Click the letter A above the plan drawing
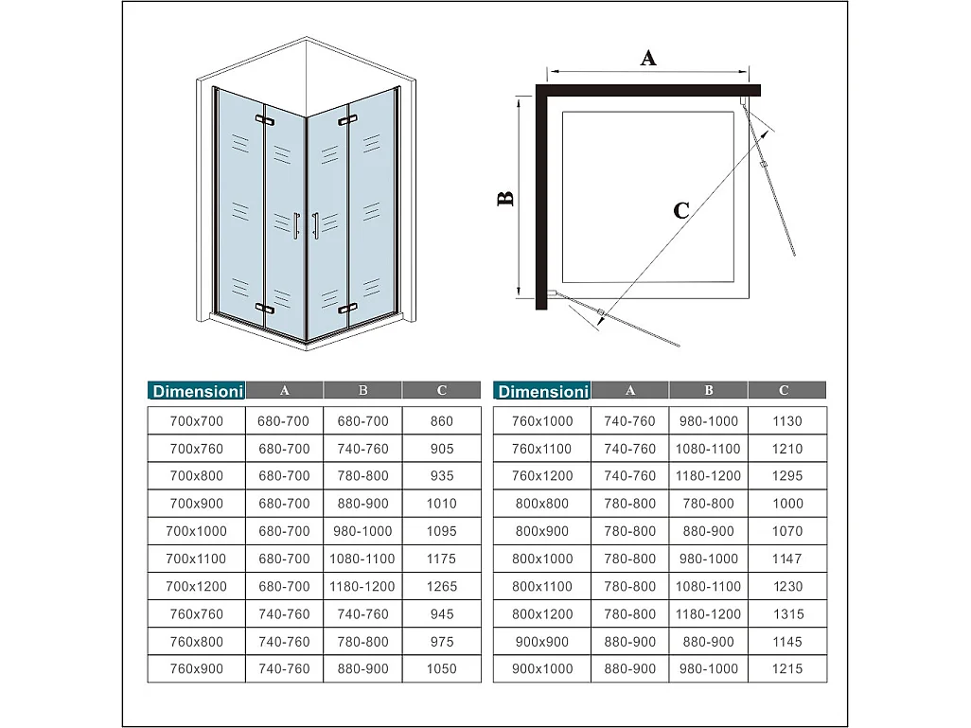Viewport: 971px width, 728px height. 648,58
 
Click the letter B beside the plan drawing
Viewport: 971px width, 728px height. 506,199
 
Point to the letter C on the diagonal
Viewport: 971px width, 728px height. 681,210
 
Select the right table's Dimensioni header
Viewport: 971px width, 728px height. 542,390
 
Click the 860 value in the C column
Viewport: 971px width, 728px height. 441,421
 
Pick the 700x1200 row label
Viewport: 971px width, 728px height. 197,586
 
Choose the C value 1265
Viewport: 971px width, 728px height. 441,586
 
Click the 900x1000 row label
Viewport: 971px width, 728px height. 542,668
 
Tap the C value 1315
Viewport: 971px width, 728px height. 786,613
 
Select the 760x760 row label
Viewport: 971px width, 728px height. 197,613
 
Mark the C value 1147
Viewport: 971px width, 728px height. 786,559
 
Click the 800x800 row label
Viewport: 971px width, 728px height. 542,504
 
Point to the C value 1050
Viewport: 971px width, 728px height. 441,668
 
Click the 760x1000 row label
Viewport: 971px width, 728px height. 542,421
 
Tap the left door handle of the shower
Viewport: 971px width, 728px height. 297,225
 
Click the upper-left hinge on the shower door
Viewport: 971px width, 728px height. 264,120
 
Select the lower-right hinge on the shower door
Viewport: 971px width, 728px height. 347,308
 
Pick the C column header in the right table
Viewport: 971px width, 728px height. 785,390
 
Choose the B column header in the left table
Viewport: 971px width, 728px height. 362,390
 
